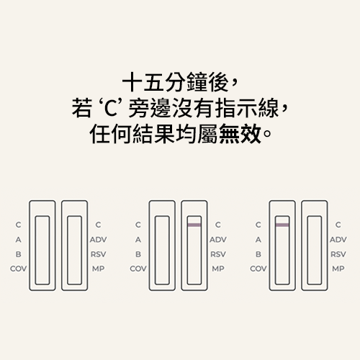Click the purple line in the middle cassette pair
194,225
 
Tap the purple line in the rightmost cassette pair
282,225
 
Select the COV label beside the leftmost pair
19,269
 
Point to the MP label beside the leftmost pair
99,269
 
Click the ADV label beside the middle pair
218,240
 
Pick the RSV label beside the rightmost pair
338,254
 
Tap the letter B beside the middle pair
138,254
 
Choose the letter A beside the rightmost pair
258,240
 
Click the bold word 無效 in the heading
240,134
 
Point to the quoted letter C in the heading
111,109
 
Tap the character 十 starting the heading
132,82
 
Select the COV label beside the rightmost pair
258,269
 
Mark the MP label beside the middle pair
218,269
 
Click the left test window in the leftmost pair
42,251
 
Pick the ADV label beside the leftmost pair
99,240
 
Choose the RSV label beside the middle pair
218,254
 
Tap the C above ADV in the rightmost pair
338,225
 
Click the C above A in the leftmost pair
18,225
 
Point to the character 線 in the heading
269,108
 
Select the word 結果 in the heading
153,134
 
